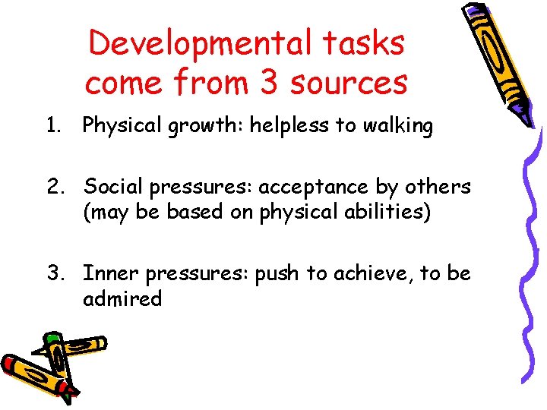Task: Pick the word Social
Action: (112, 186)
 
